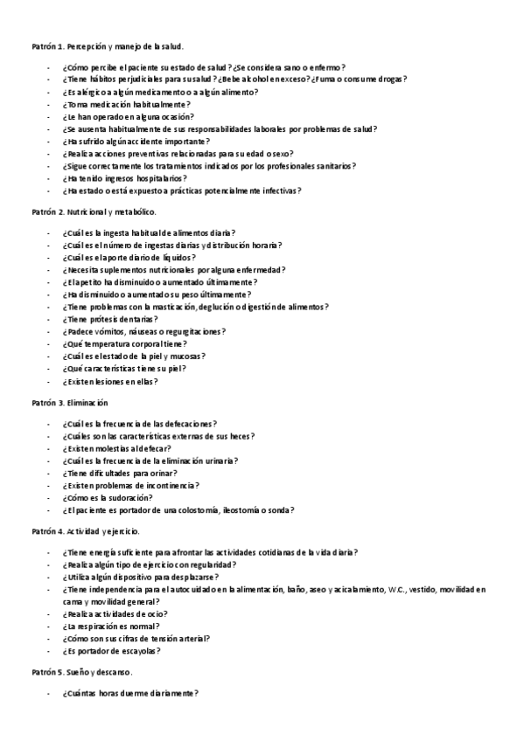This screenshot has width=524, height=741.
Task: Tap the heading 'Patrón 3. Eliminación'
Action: tap(69, 403)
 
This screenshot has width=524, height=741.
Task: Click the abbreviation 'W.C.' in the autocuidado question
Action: tap(396, 590)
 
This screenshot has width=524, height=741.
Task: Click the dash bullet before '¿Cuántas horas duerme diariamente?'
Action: tap(49, 693)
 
